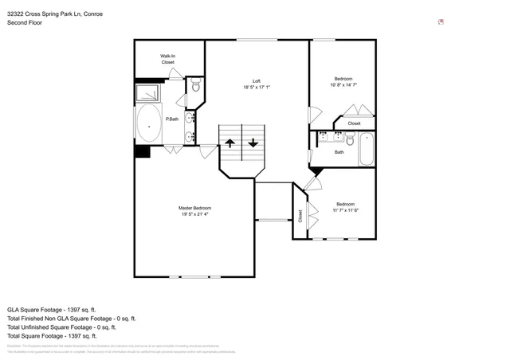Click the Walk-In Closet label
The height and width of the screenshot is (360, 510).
point(167,59)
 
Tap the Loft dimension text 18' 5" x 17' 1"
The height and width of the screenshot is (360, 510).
point(257,87)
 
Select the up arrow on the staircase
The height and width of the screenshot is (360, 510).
point(229,143)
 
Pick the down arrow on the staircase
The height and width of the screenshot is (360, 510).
point(253,143)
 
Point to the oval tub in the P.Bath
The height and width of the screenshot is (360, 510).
point(148,125)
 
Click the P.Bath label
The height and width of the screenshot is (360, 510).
point(171,119)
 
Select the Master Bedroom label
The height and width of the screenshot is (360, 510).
point(194,208)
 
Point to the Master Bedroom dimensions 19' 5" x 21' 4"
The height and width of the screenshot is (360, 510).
point(194,214)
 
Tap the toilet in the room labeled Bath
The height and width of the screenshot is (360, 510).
point(349,142)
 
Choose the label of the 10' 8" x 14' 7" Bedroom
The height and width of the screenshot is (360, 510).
point(343,78)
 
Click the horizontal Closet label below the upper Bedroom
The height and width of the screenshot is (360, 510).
point(354,123)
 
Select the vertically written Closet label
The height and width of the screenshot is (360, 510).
point(300,215)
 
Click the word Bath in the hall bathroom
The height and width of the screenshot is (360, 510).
point(339,152)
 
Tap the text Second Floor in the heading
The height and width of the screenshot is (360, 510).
point(25,23)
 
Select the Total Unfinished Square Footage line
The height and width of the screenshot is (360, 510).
point(61,327)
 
